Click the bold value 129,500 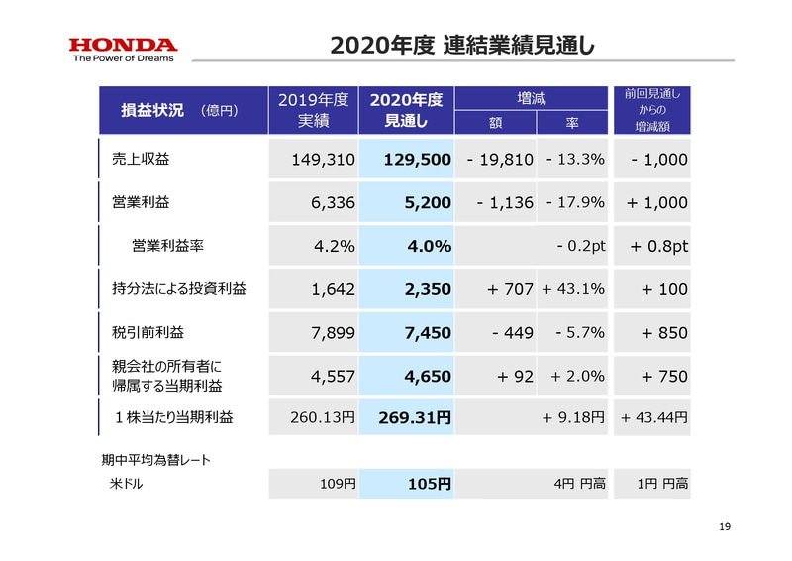point(414,160)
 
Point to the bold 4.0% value point(428,246)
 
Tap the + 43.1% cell point(573,289)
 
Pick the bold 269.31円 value point(416,418)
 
